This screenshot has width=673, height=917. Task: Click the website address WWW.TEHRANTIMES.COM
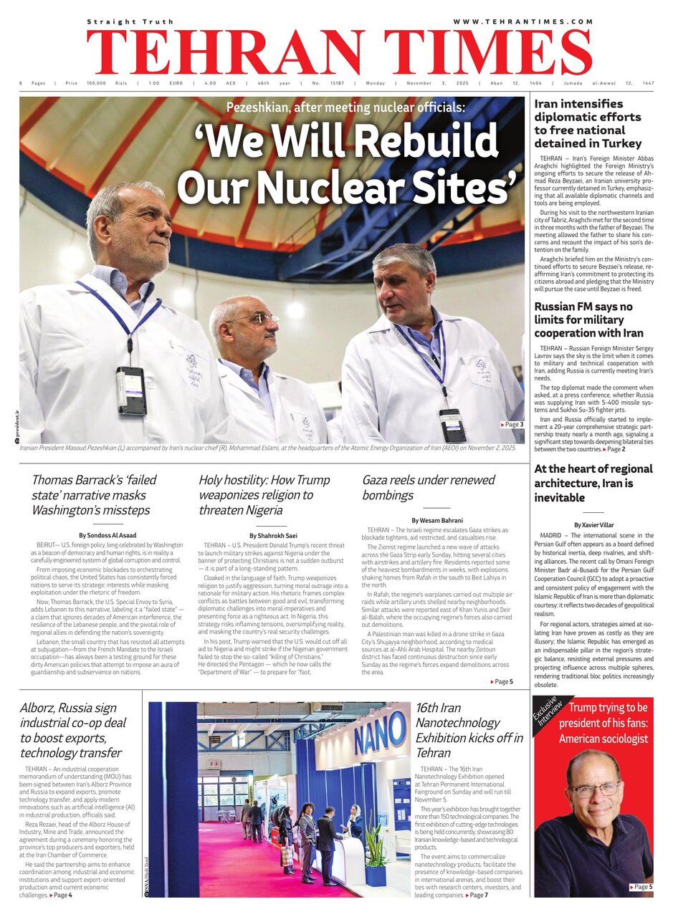523,22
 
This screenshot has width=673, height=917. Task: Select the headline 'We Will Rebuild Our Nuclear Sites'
347,166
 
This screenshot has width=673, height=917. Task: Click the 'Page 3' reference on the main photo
512,425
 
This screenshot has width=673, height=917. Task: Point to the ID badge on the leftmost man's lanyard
132,390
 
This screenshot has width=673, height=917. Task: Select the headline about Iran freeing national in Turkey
588,123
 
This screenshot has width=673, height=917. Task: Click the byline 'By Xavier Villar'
593,525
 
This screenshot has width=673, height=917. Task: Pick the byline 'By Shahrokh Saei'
274,535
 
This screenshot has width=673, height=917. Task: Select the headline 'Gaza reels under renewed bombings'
428,487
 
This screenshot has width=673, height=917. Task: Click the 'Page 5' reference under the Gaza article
502,681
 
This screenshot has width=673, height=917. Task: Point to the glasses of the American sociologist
594,789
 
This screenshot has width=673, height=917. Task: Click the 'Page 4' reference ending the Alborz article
61,895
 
